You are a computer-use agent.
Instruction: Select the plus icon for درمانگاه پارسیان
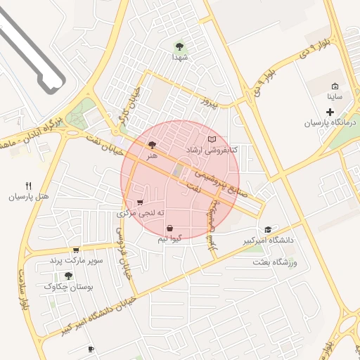pyautogui.click(x=330, y=112)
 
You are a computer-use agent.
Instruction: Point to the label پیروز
pyautogui.click(x=212, y=102)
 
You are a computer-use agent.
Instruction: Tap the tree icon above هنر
pyautogui.click(x=152, y=144)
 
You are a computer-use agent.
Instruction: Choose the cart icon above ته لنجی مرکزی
pyautogui.click(x=141, y=202)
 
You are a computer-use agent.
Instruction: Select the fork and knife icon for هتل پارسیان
pyautogui.click(x=29, y=186)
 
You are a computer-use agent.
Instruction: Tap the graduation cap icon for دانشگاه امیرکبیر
pyautogui.click(x=267, y=230)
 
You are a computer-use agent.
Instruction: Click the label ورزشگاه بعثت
pyautogui.click(x=276, y=262)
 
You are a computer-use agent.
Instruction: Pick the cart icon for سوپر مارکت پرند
pyautogui.click(x=75, y=250)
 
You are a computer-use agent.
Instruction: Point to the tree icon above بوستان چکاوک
pyautogui.click(x=67, y=276)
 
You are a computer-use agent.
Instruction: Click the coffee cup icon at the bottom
pyautogui.click(x=91, y=349)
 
